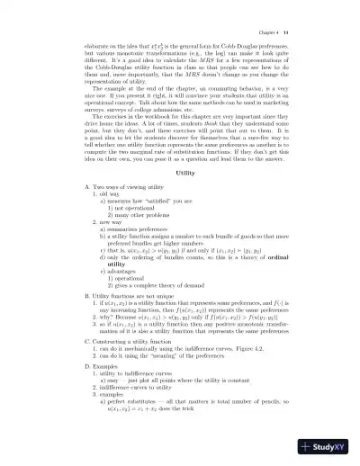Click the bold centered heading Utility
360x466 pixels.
[x=185, y=172]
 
